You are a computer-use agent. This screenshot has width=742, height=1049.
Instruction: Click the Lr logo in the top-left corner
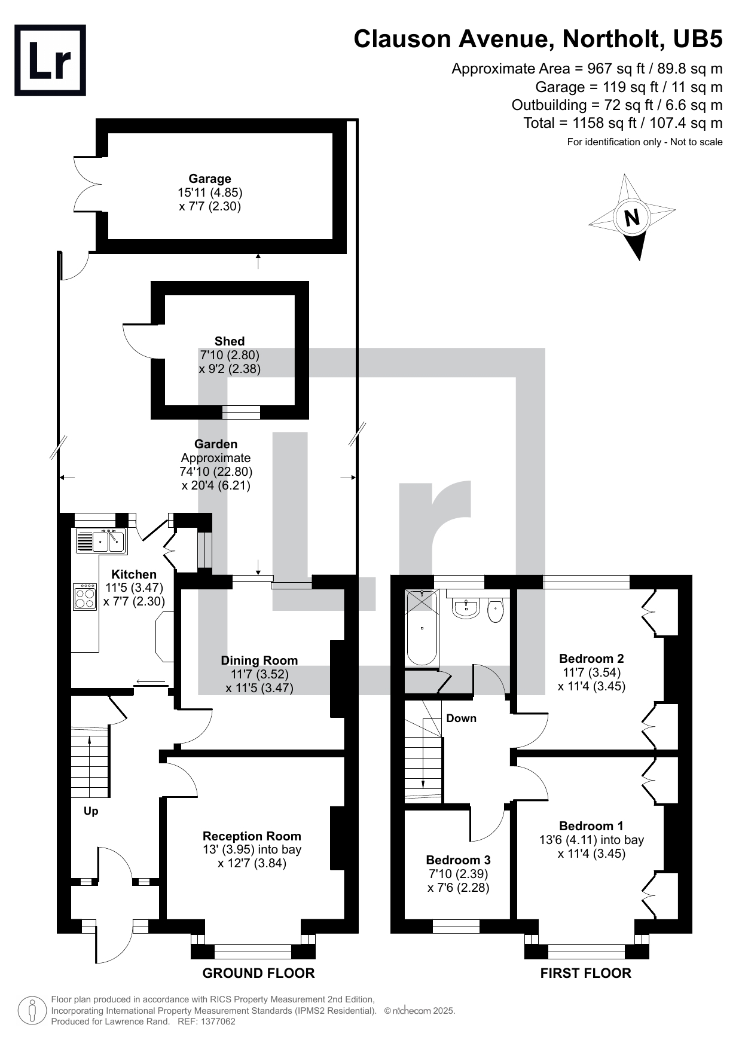(50, 60)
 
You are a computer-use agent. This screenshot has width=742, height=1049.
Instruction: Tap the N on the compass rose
(631, 217)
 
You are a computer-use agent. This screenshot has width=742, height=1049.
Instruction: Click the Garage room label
(210, 179)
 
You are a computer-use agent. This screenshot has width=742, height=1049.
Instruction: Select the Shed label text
(230, 341)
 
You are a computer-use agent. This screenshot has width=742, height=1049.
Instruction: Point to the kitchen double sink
(100, 542)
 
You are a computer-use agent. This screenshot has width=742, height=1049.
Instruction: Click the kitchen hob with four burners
(85, 597)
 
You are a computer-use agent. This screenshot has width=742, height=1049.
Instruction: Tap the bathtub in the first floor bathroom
(422, 628)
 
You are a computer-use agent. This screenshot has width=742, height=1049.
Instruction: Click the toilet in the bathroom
(496, 610)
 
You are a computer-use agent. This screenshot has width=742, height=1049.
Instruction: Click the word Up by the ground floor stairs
(91, 811)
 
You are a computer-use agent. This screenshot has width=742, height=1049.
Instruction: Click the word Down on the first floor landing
(462, 718)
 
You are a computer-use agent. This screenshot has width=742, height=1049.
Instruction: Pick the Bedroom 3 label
(459, 860)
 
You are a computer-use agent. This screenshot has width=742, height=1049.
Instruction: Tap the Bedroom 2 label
(591, 659)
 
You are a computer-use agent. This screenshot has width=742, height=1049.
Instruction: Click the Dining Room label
(259, 660)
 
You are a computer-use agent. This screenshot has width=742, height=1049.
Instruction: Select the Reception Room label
(252, 836)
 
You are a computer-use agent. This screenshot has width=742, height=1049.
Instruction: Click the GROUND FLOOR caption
(258, 973)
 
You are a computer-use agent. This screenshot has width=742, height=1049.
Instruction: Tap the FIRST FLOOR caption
(586, 973)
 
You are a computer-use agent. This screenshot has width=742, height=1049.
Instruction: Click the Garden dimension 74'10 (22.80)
(216, 472)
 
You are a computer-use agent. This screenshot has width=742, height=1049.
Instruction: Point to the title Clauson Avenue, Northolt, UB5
(538, 39)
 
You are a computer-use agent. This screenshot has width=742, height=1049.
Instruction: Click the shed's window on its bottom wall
(242, 412)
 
